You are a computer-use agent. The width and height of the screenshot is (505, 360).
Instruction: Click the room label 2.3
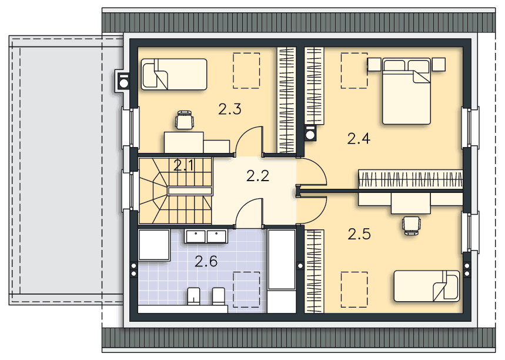tap(230, 109)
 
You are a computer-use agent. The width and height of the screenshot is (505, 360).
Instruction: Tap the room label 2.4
tap(359, 139)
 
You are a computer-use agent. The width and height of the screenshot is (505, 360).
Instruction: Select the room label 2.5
tap(359, 234)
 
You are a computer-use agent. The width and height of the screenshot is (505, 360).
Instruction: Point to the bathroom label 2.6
tap(206, 261)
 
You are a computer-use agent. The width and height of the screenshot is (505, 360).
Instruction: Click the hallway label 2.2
tap(257, 176)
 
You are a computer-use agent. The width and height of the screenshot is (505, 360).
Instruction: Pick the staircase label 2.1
tap(184, 166)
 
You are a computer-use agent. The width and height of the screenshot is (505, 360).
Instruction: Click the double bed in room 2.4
tap(406, 91)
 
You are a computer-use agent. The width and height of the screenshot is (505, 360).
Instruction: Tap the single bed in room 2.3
tap(174, 74)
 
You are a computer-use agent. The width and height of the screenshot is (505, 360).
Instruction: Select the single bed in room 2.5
tap(427, 286)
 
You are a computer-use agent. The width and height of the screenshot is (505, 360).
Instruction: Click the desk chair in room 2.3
tap(185, 119)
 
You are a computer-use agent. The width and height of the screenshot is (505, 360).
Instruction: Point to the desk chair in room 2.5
tap(412, 225)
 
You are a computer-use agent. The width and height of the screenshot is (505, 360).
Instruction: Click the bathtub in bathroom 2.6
tap(282, 259)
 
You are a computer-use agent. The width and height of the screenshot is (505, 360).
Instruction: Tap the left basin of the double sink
tap(195, 236)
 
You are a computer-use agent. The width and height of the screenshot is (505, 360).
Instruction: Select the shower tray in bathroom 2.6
tap(154, 245)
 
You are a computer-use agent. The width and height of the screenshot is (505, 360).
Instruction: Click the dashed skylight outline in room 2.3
tap(246, 71)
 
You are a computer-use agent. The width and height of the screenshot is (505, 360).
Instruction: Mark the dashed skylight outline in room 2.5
tap(354, 289)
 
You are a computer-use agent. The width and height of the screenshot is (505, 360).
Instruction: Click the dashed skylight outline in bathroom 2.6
tap(246, 289)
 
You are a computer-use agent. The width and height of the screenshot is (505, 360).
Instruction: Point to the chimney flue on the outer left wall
tap(123, 82)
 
